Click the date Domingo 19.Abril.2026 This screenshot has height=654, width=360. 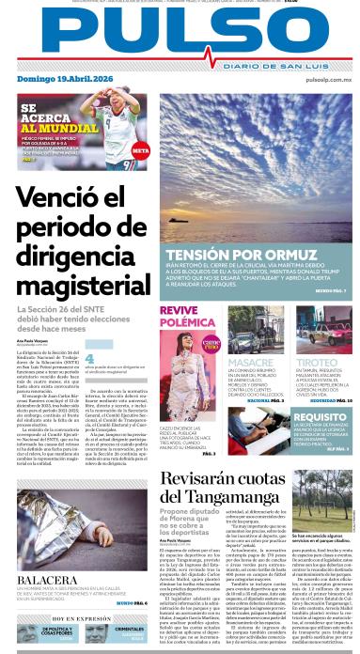coord(53,83)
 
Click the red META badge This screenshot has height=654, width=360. coord(140,149)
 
